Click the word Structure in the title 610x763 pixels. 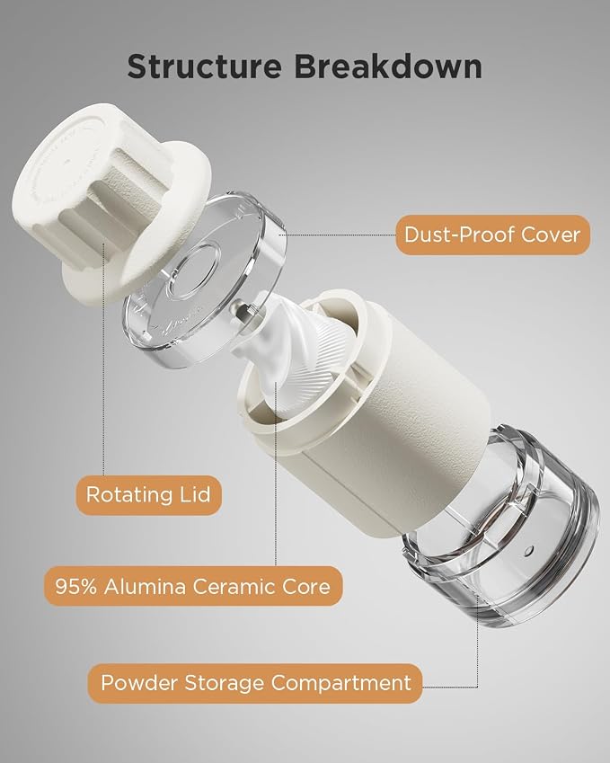[x=204, y=67]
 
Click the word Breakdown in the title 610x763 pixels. [x=388, y=67]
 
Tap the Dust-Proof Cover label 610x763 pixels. [x=493, y=235]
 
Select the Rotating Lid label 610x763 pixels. [x=148, y=495]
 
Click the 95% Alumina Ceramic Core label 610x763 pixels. [x=193, y=586]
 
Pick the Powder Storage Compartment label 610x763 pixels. [x=255, y=683]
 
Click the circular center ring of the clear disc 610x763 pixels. [x=192, y=271]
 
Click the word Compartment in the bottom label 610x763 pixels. [x=341, y=684]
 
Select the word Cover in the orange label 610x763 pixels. [x=551, y=235]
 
